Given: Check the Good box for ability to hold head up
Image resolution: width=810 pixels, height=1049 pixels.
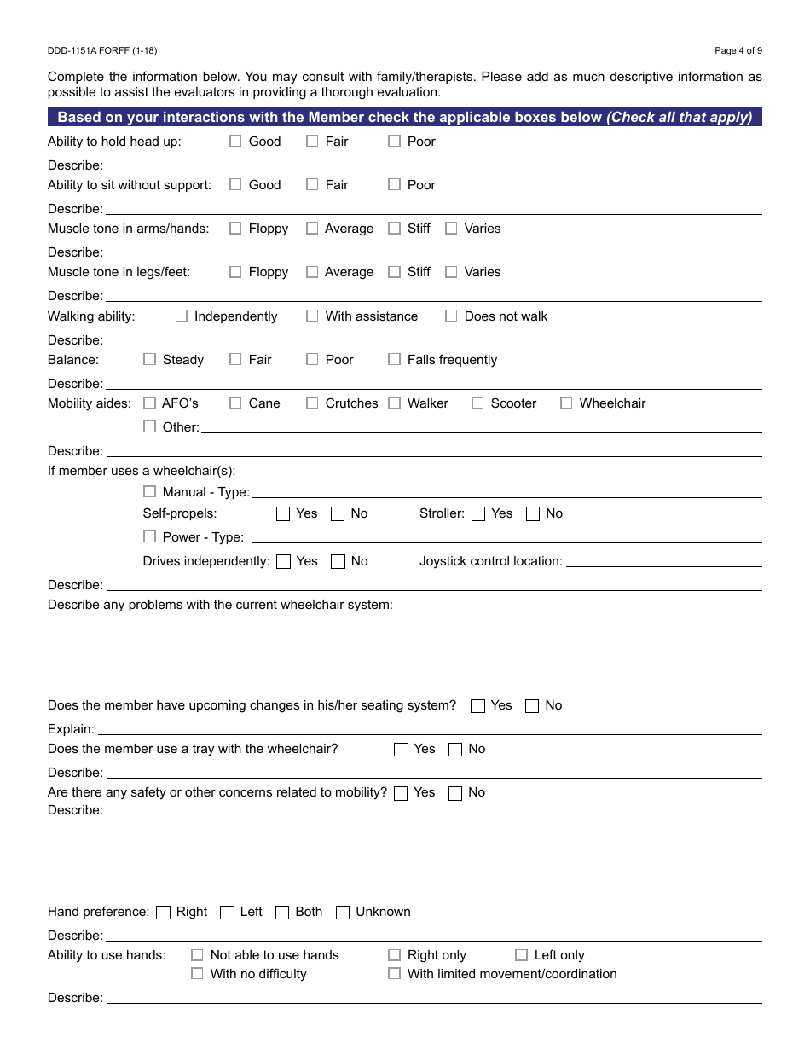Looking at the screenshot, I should coord(235,142).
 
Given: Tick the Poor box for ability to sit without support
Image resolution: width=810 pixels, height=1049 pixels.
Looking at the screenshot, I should coord(394,185).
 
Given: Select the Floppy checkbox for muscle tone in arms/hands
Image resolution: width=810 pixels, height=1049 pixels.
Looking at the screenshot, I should coord(235,229).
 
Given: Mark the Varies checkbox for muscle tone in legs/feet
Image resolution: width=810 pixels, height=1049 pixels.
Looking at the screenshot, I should coord(451,272).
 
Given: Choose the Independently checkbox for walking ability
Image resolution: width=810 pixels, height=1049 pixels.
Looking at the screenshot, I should coord(182,316).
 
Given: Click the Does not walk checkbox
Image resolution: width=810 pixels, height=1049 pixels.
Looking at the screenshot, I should coord(451,316).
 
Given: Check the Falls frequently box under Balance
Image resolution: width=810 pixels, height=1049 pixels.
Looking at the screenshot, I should coord(394,360).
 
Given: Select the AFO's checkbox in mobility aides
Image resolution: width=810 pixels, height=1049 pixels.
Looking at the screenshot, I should coord(150,403).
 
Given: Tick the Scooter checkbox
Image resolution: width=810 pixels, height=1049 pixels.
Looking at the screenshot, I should coord(477,403).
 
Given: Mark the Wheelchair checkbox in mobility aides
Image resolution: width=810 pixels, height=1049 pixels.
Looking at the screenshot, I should coord(566,403).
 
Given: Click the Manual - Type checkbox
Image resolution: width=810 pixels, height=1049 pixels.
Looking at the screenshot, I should coord(150,492).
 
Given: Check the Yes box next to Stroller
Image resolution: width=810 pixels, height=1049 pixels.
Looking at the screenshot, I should coord(478,514).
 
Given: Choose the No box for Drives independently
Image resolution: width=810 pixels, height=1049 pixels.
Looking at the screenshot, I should coord(338,562).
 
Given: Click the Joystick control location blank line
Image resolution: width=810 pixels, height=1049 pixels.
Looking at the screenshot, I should coord(663,562).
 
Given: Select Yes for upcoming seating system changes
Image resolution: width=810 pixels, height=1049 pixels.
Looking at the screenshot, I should coord(478,706).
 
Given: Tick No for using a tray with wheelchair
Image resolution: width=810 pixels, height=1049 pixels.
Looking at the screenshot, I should coord(455,750).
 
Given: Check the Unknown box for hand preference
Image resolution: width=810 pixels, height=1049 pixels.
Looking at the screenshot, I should coord(343,913).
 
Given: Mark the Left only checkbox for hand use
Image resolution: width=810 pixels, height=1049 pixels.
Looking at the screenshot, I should coord(521,956).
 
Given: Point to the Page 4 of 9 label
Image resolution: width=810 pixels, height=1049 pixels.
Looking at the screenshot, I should coord(738,51).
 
